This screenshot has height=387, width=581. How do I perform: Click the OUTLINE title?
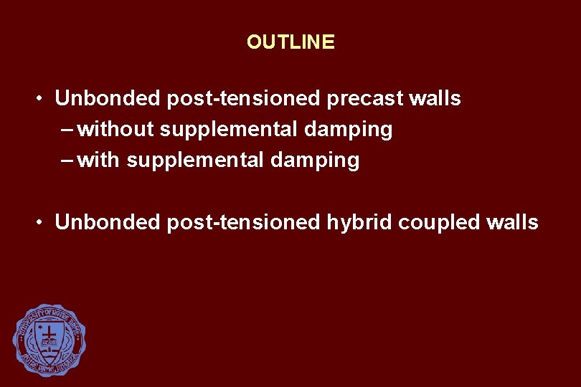(x=290, y=42)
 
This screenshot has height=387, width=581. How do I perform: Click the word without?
(x=116, y=130)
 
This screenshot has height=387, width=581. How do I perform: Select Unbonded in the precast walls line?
(x=108, y=98)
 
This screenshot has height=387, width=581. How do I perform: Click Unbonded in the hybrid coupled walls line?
(x=108, y=222)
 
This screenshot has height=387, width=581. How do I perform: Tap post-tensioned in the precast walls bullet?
(x=245, y=98)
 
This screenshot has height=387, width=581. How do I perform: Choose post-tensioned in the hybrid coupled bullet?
(x=245, y=222)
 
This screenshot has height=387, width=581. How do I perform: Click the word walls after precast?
(x=435, y=98)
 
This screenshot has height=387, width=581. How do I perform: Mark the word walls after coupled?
(x=511, y=222)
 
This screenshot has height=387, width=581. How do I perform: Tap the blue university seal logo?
(x=49, y=340)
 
